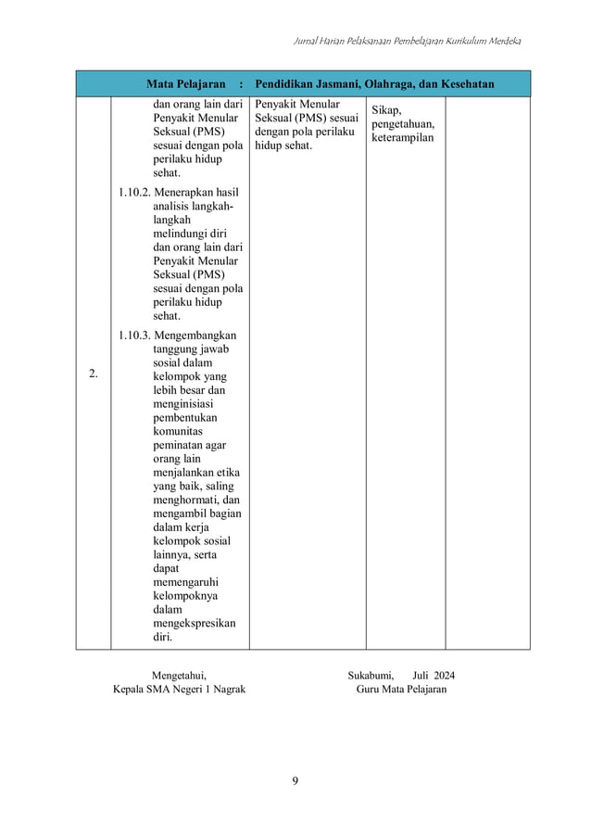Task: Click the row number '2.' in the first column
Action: (x=94, y=374)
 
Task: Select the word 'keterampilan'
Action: (x=402, y=138)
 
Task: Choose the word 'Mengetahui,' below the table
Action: (x=178, y=674)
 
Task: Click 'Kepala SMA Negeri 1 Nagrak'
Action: (x=179, y=690)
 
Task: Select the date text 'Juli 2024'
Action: (x=434, y=674)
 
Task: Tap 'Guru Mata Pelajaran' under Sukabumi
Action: (x=400, y=690)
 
